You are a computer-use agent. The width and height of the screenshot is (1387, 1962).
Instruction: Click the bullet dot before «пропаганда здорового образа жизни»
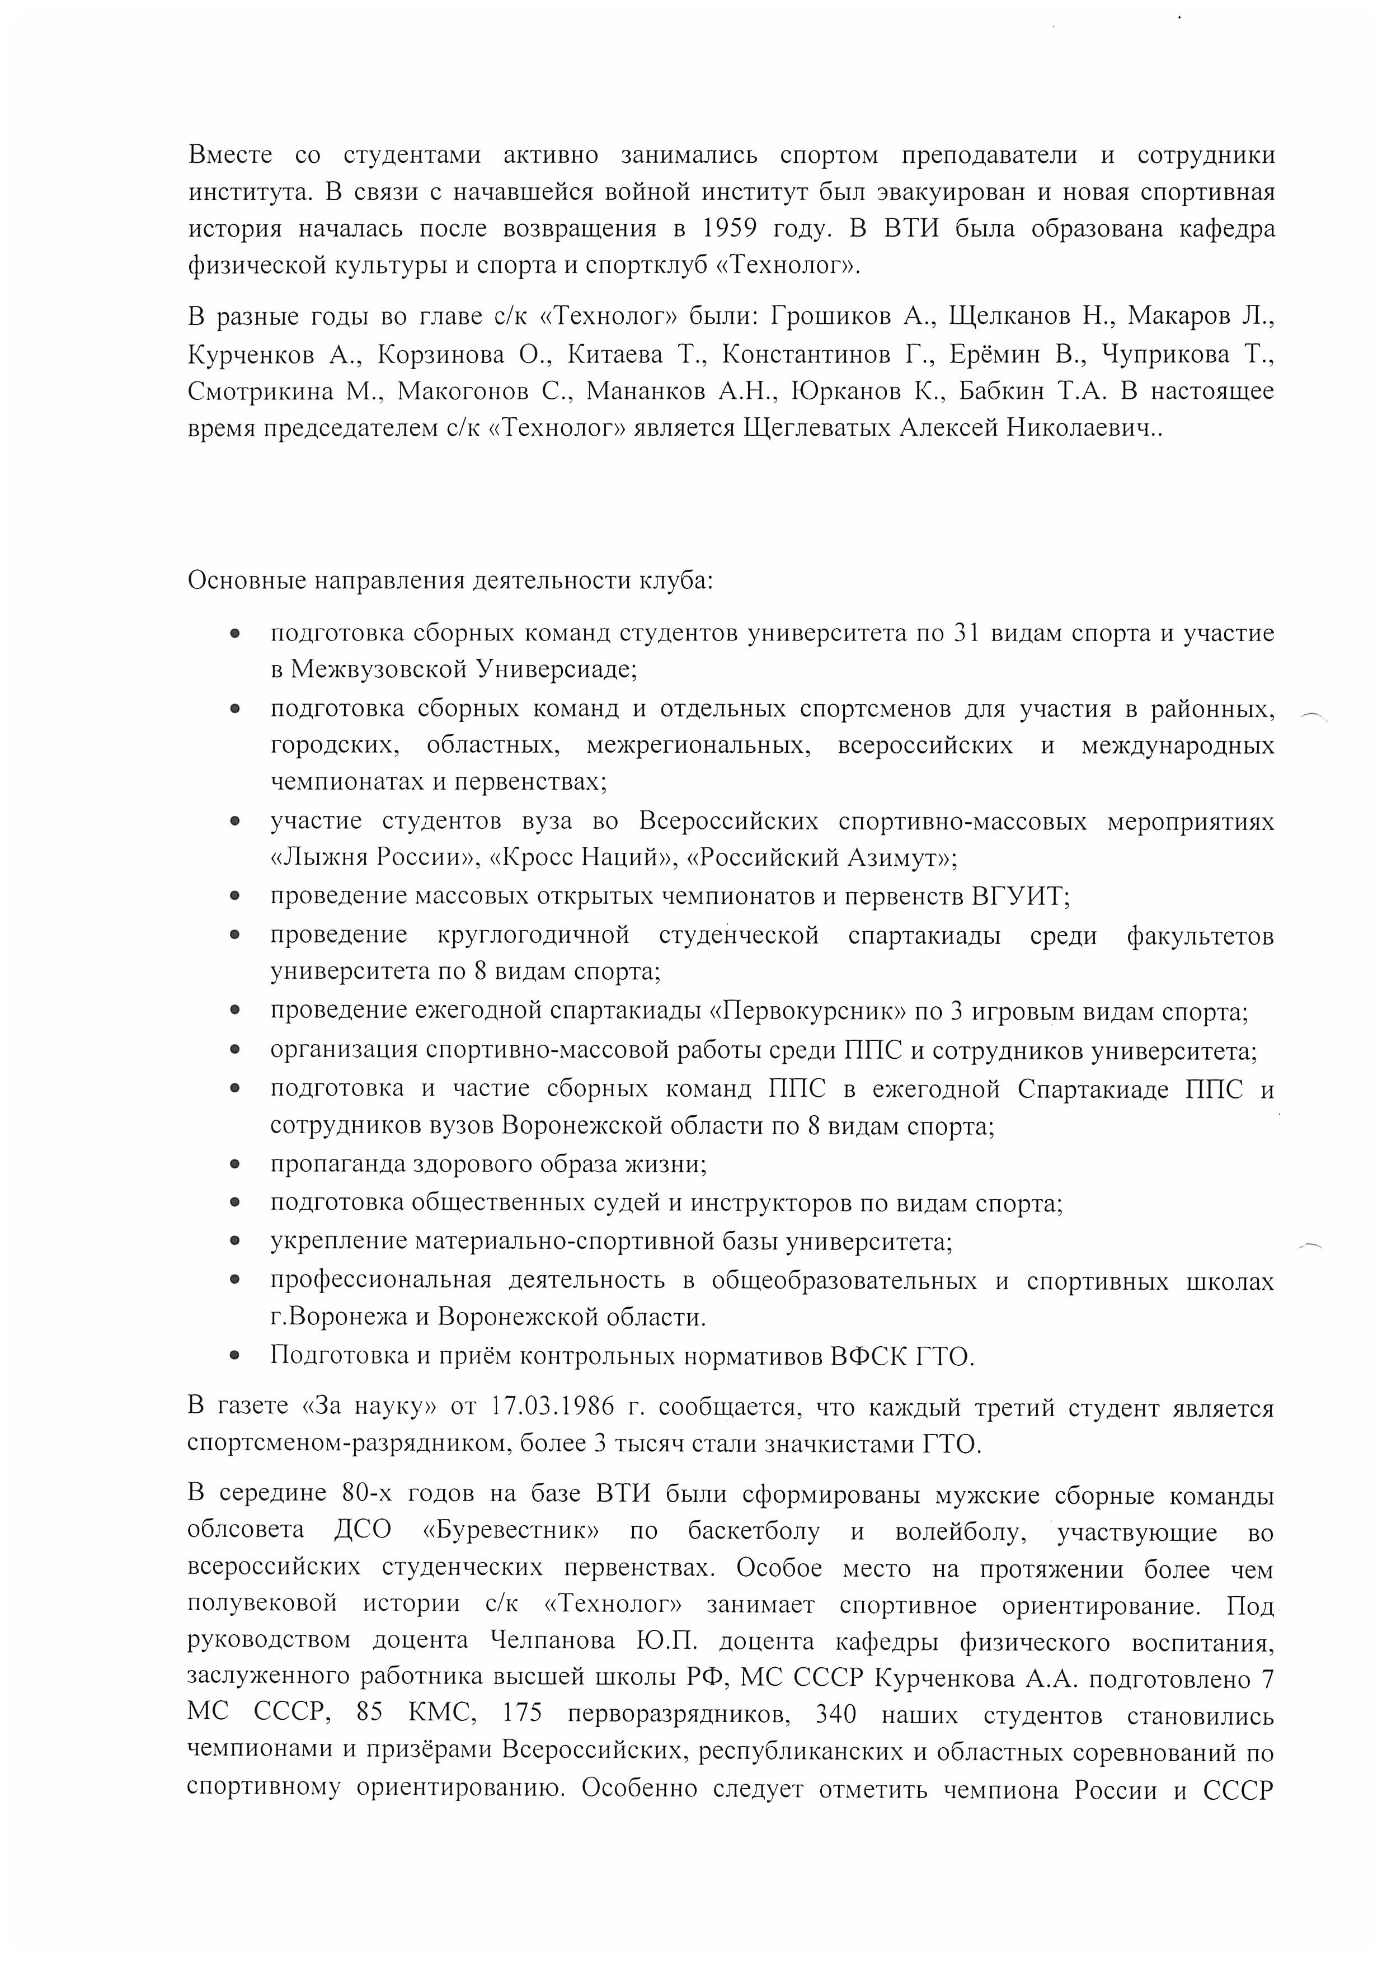pos(235,1164)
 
